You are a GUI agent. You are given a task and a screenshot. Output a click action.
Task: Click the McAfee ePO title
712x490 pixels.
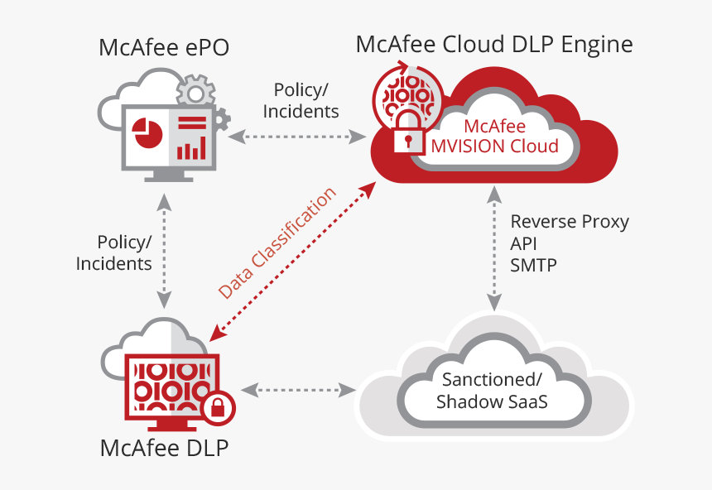click(164, 48)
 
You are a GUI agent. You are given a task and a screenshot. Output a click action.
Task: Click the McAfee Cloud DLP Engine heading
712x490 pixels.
click(494, 44)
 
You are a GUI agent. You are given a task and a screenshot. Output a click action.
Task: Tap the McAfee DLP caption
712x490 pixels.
click(164, 448)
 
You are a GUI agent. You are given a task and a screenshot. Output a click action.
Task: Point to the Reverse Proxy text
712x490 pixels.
click(570, 222)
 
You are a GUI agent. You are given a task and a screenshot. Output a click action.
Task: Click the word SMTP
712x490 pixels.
click(534, 266)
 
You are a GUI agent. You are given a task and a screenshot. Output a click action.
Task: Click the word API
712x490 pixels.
click(524, 244)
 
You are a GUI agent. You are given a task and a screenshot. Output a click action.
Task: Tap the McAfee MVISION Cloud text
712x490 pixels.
click(494, 137)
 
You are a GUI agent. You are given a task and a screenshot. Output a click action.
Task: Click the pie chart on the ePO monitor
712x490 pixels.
click(147, 132)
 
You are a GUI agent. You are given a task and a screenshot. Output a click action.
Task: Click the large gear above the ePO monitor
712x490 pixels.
click(195, 90)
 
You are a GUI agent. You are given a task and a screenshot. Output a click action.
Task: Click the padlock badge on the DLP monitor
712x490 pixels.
click(218, 407)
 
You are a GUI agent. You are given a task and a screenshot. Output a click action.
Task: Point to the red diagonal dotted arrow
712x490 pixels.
click(290, 262)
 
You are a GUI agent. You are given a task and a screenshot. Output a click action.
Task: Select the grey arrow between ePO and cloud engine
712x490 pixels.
click(297, 135)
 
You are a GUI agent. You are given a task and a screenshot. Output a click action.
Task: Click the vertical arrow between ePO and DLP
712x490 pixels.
click(166, 250)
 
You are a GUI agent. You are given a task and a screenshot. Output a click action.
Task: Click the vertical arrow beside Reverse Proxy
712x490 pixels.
click(493, 248)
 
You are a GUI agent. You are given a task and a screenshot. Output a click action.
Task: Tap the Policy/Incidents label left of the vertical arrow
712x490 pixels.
click(114, 252)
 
